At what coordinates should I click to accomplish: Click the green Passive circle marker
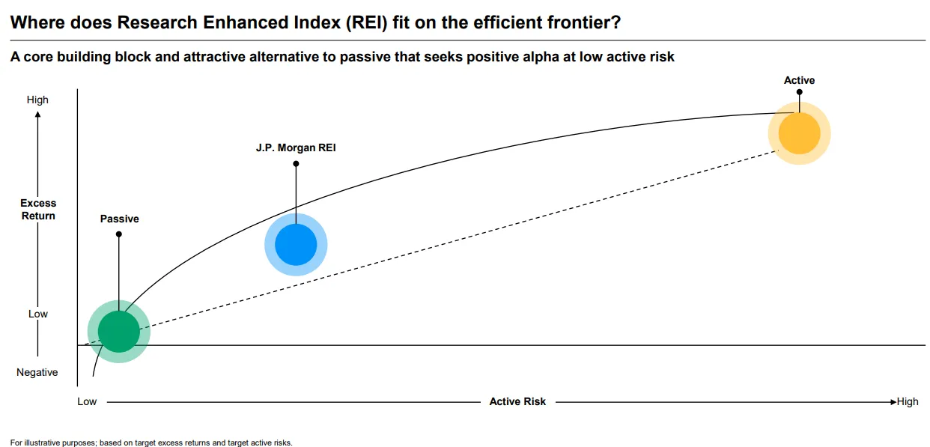(x=119, y=331)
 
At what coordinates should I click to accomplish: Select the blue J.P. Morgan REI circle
(x=296, y=244)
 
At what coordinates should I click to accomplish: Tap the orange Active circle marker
(x=799, y=133)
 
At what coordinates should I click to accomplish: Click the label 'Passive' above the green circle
(x=120, y=219)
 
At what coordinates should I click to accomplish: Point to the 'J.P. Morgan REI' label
(x=296, y=148)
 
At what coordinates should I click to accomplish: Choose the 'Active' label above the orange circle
(x=799, y=80)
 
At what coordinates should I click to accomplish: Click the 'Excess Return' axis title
(x=38, y=209)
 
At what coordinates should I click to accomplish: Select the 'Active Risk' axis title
(x=517, y=401)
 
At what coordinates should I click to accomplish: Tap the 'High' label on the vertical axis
(x=37, y=100)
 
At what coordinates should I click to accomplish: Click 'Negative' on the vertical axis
(x=37, y=372)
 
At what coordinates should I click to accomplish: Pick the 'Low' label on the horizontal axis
(x=87, y=401)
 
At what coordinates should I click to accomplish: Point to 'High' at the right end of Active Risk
(x=908, y=401)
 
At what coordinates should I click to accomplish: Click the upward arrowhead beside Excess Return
(x=37, y=114)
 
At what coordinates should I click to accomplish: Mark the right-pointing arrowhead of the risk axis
(x=893, y=401)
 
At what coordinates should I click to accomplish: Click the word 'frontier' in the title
(x=583, y=22)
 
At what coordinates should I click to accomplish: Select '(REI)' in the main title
(x=362, y=22)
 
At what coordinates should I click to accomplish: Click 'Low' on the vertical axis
(x=38, y=314)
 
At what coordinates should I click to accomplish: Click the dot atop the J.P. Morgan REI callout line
(x=296, y=163)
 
